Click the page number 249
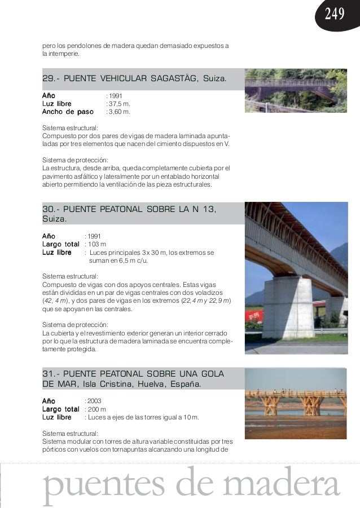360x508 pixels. pyautogui.click(x=334, y=15)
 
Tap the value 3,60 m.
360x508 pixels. pyautogui.click(x=120, y=112)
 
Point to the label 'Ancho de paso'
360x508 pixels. pyautogui.click(x=68, y=112)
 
